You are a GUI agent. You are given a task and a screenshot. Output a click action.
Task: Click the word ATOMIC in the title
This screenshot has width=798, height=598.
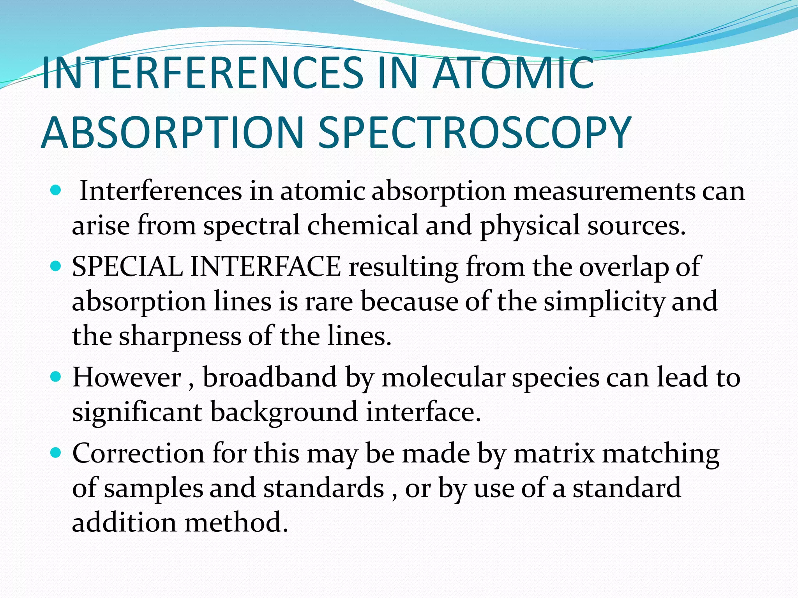coord(513,73)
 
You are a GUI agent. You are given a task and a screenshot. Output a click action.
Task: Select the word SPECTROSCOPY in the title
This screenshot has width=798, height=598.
coord(474,133)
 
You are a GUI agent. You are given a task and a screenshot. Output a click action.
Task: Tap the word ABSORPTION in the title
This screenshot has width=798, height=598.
coord(172,133)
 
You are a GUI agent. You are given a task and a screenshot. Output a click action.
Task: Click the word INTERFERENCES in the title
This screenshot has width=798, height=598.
coord(203,73)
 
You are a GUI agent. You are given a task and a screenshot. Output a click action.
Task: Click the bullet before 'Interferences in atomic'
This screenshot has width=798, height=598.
coord(56,191)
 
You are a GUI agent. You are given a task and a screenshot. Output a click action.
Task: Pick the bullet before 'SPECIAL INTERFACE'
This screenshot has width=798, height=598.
coord(56,266)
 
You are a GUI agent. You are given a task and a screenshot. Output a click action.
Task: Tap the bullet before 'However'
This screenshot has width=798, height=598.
coord(56,377)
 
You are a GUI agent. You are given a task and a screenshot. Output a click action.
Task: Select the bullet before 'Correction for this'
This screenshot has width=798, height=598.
coord(56,453)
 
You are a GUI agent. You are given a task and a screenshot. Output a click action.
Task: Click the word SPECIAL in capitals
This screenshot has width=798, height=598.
coord(127,267)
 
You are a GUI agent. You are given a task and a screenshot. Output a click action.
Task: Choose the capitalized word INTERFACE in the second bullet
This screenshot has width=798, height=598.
coord(266,267)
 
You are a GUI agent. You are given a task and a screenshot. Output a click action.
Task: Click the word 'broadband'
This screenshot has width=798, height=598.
coord(270,378)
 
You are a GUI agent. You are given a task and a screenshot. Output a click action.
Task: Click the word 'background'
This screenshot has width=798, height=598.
coord(284,412)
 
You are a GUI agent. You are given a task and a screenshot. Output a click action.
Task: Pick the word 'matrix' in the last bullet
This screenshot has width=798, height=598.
coord(554,454)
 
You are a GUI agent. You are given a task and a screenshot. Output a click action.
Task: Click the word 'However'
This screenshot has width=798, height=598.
coord(127,378)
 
